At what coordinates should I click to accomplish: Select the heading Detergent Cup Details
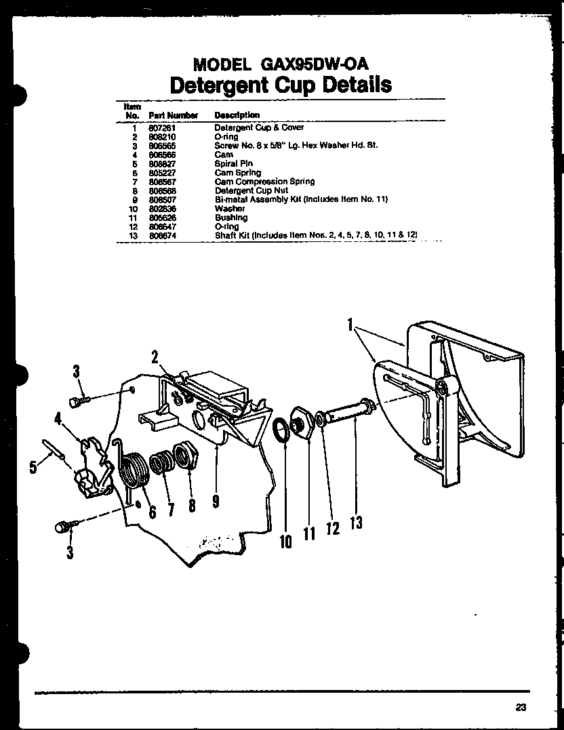click(280, 85)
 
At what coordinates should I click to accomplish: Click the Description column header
click(237, 115)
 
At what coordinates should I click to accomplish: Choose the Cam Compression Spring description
click(264, 182)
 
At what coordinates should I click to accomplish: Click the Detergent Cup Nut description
click(251, 190)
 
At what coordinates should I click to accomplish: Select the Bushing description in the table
click(231, 218)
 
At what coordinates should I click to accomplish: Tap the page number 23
click(521, 707)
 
